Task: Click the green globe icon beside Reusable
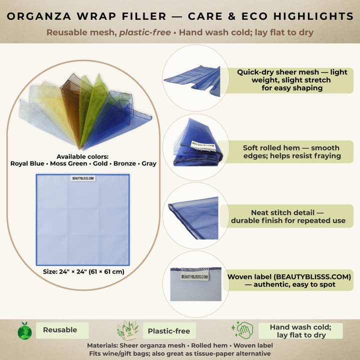(24, 330)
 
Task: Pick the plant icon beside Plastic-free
(127, 330)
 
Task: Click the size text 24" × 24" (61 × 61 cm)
(83, 272)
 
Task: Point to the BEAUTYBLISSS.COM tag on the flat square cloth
(83, 178)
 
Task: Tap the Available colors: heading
(83, 156)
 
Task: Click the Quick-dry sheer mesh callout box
(292, 80)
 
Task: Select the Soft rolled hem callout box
(290, 151)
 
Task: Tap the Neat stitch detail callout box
(291, 216)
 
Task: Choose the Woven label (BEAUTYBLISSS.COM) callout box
(289, 280)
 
